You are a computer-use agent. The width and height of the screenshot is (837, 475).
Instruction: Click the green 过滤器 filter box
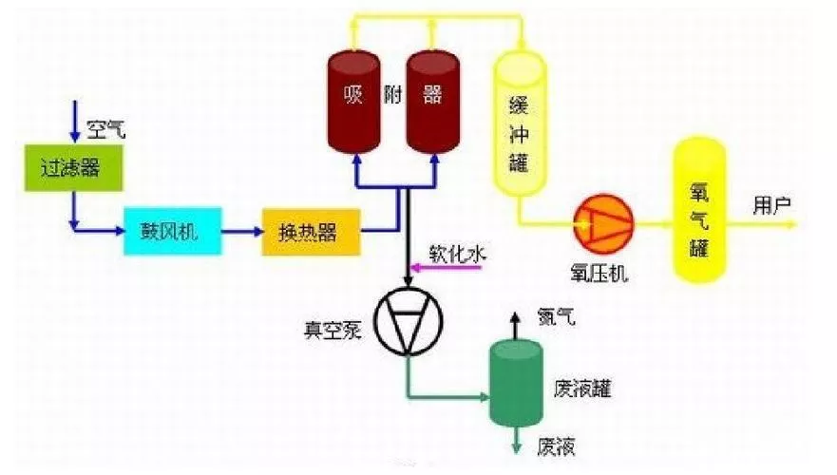(68, 169)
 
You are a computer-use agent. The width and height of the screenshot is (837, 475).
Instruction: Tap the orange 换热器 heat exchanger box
(311, 232)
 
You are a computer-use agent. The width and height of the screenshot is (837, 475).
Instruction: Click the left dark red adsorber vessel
(353, 102)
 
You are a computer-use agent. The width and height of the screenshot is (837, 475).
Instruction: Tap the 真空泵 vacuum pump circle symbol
(407, 320)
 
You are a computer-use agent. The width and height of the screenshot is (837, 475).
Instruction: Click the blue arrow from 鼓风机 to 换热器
(241, 230)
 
